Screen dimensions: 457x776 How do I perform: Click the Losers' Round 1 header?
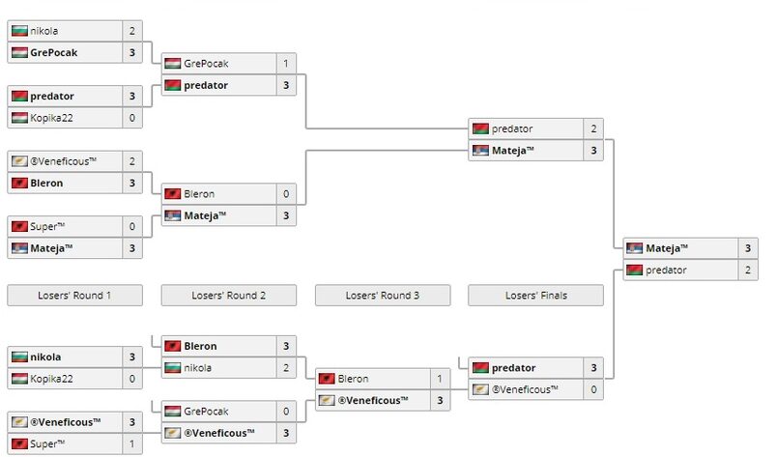point(74,296)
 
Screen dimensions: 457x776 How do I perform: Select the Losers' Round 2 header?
point(228,296)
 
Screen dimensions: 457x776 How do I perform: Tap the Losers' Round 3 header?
point(382,296)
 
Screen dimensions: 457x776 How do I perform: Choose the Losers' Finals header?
point(535,296)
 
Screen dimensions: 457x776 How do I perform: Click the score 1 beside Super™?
point(132,444)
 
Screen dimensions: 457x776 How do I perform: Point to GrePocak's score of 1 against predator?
point(286,64)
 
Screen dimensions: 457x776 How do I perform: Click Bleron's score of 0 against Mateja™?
point(286,194)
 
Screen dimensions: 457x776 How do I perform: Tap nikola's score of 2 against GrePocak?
point(132,31)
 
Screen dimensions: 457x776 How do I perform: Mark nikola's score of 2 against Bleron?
point(286,367)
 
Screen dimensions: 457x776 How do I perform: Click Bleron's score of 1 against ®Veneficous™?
point(440,379)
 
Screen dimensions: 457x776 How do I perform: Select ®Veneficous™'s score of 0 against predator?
point(593,389)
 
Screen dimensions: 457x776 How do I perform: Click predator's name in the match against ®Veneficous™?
point(514,368)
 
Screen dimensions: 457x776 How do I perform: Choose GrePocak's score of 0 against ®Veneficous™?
point(286,411)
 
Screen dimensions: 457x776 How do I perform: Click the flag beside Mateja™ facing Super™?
point(18,248)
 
